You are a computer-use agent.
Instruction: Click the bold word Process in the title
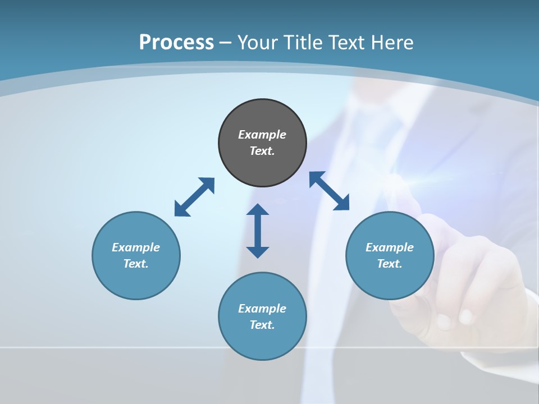(176, 43)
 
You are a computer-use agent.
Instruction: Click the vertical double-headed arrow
(258, 231)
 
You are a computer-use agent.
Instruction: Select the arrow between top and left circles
(194, 197)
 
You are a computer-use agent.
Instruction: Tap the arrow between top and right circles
(330, 191)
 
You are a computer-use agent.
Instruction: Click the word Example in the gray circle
(262, 135)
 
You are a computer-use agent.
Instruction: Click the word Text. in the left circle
(136, 264)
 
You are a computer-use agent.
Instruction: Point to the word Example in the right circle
(390, 247)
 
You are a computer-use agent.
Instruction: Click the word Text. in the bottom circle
(262, 325)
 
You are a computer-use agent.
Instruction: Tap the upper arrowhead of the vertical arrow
(258, 210)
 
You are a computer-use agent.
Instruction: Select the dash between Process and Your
(225, 43)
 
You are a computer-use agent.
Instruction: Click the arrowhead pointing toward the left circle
(181, 210)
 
